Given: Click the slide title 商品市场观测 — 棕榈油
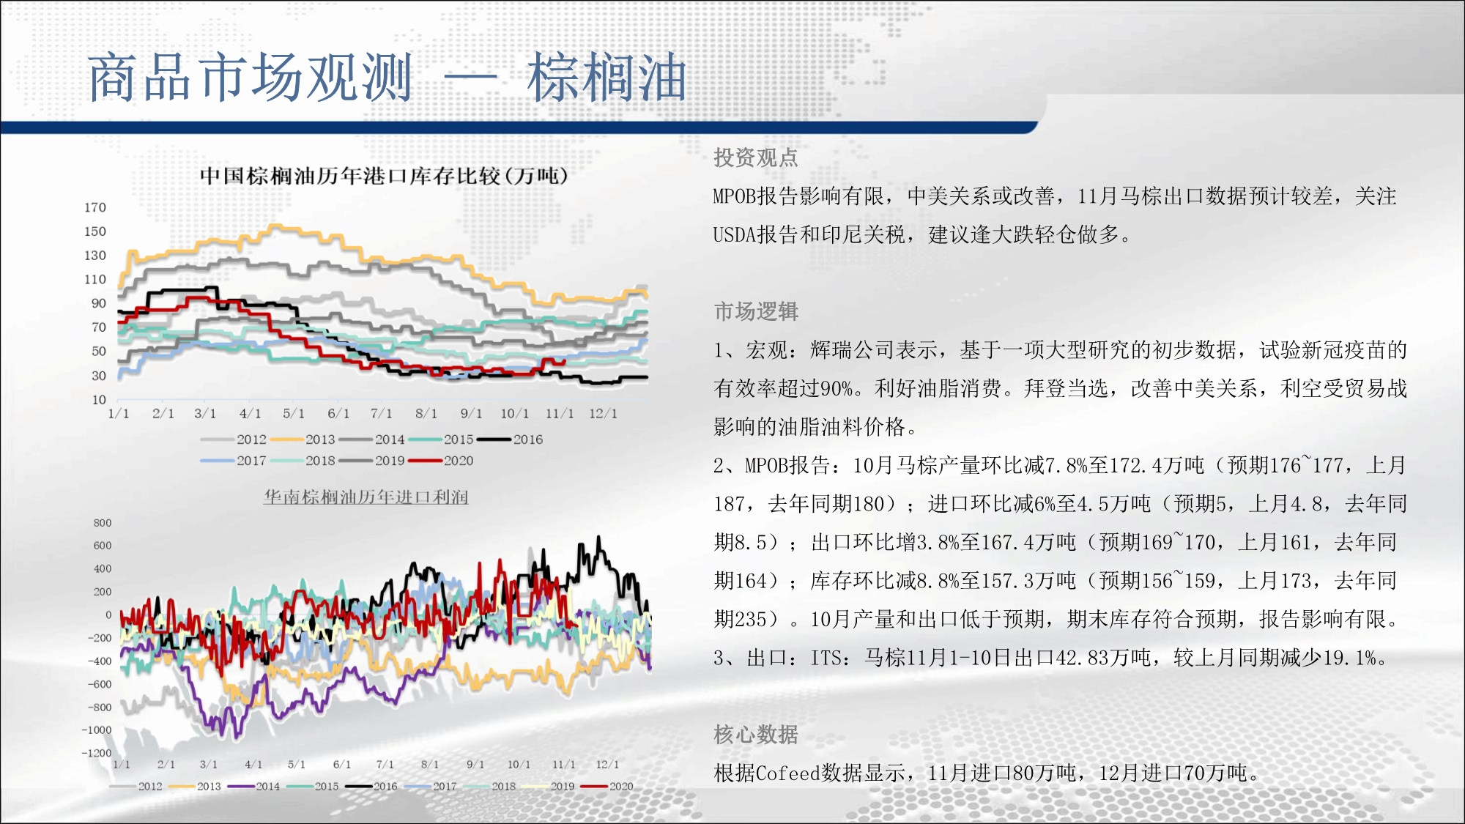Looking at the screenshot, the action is pyautogui.click(x=387, y=77).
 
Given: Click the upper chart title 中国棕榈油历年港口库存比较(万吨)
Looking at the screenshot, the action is pyautogui.click(x=384, y=176).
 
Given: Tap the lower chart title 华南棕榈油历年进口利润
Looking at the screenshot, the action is pyautogui.click(x=366, y=497).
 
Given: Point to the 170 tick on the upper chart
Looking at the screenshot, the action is pyautogui.click(x=95, y=207).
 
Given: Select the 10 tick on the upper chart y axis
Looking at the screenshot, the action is pyautogui.click(x=99, y=399).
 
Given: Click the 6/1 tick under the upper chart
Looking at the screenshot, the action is pyautogui.click(x=338, y=413).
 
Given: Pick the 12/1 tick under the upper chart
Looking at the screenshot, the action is pyautogui.click(x=603, y=413).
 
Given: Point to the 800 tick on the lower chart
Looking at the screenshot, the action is pyautogui.click(x=103, y=522).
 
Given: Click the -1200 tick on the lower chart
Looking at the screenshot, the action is pyautogui.click(x=97, y=752).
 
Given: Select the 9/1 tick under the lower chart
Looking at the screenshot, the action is pyautogui.click(x=475, y=764).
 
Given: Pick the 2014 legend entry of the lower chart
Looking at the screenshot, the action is pyautogui.click(x=253, y=786).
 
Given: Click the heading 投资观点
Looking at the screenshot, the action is pyautogui.click(x=756, y=157).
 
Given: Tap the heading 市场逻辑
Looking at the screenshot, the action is pyautogui.click(x=756, y=311).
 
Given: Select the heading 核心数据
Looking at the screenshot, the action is pyautogui.click(x=756, y=734).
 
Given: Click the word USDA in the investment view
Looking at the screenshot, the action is pyautogui.click(x=735, y=234).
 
